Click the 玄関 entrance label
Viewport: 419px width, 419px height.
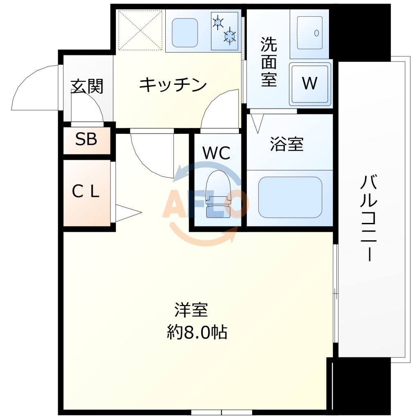(x=87, y=86)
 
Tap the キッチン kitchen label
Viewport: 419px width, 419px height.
(x=173, y=85)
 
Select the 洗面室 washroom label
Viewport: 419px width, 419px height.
(x=269, y=62)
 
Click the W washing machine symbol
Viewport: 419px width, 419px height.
(x=310, y=83)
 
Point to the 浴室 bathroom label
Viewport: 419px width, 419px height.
(x=287, y=144)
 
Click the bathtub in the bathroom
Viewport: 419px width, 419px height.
(x=290, y=197)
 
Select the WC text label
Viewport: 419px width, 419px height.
(x=216, y=153)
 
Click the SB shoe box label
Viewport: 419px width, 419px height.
(x=86, y=140)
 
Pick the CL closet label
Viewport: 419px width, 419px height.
(x=86, y=191)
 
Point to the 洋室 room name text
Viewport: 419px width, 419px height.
(x=191, y=310)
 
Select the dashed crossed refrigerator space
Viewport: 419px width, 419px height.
(x=140, y=30)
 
